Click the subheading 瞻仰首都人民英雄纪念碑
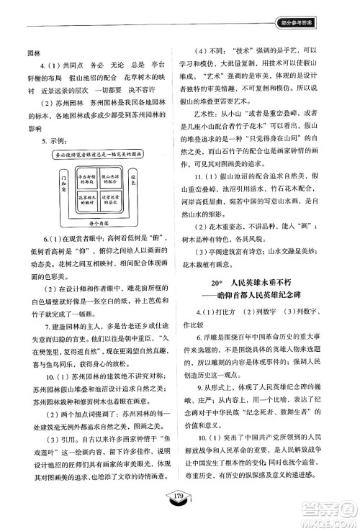click(x=272, y=298)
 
